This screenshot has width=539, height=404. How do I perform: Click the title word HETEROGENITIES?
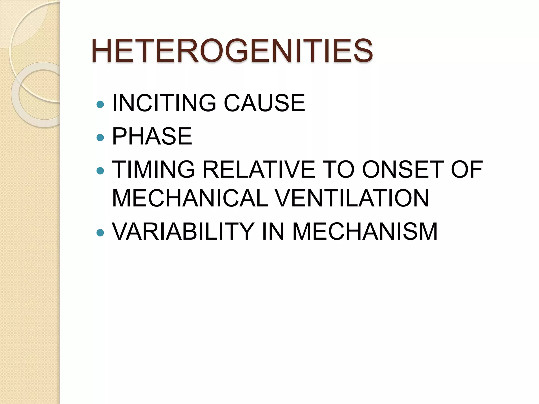[232, 50]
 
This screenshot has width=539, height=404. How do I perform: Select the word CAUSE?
[264, 103]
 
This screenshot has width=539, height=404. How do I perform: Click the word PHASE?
[152, 136]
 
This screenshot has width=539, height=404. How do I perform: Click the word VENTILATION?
[353, 198]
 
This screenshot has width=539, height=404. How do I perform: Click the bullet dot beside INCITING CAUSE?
[100, 105]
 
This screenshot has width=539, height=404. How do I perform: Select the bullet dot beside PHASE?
[100, 138]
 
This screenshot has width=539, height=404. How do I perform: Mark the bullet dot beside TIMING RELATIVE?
[100, 171]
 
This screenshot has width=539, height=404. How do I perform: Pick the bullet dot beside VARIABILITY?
[100, 233]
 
